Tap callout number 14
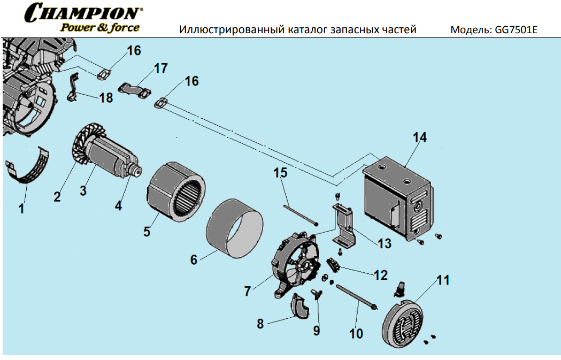(420, 137)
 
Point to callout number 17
(160, 68)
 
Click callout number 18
(106, 98)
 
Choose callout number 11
(443, 280)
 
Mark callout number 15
(281, 173)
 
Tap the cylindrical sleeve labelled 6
(235, 225)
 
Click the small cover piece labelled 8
(299, 308)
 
